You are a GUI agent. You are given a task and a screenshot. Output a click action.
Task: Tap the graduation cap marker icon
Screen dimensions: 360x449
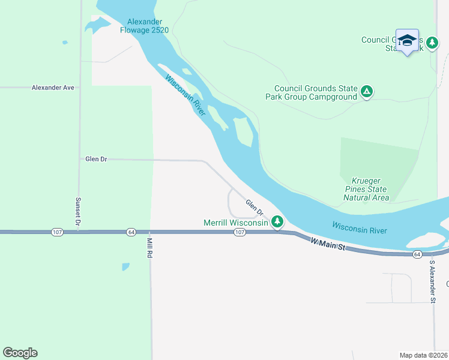pyautogui.click(x=407, y=41)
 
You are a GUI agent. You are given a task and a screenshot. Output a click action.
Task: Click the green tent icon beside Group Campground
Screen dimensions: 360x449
pyautogui.click(x=367, y=92)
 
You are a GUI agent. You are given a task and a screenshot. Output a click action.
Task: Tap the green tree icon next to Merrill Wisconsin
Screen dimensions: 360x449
pyautogui.click(x=277, y=223)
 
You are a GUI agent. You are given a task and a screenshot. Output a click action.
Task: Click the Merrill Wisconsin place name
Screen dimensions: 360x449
pyautogui.click(x=235, y=223)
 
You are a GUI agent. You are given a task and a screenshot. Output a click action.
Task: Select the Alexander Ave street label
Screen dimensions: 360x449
pyautogui.click(x=53, y=88)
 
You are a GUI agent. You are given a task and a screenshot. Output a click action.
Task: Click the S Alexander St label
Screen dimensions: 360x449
pyautogui.click(x=432, y=277)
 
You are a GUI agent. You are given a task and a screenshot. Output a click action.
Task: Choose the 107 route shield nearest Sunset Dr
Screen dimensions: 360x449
pyautogui.click(x=58, y=232)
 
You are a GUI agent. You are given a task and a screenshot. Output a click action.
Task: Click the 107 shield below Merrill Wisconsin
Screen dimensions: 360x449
pyautogui.click(x=239, y=232)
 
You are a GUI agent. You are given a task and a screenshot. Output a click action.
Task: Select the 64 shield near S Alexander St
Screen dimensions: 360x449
pyautogui.click(x=417, y=255)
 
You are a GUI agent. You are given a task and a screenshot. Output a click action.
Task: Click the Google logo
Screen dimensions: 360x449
pyautogui.click(x=20, y=353)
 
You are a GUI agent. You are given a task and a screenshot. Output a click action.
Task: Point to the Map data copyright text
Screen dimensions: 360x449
pyautogui.click(x=423, y=355)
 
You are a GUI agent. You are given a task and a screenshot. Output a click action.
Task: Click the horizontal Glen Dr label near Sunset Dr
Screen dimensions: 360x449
pyautogui.click(x=96, y=159)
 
